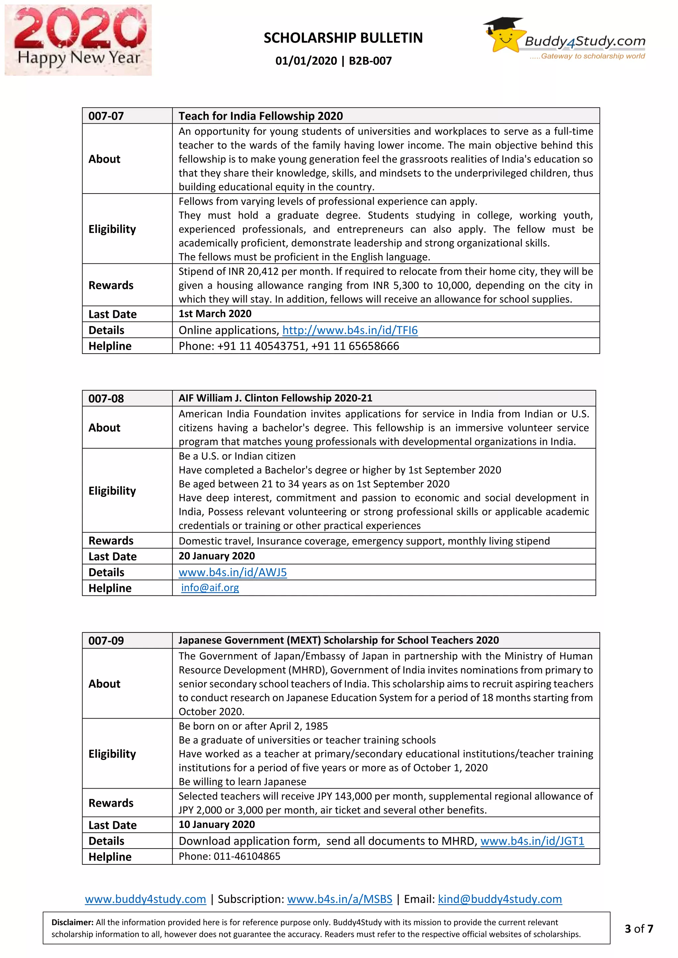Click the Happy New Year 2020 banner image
click(78, 40)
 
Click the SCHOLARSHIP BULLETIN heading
click(343, 38)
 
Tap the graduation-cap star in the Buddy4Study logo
click(504, 35)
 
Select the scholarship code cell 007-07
click(106, 116)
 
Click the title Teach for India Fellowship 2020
click(261, 116)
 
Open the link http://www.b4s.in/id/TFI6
click(350, 330)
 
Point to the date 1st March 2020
click(215, 314)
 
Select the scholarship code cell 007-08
click(106, 399)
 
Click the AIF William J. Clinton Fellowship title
click(275, 398)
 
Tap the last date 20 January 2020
click(217, 556)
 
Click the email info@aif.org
click(210, 588)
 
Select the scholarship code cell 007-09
click(106, 640)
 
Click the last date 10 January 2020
click(217, 824)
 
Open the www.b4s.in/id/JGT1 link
click(532, 841)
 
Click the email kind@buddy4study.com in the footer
click(500, 899)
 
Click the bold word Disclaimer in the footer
click(72, 923)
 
